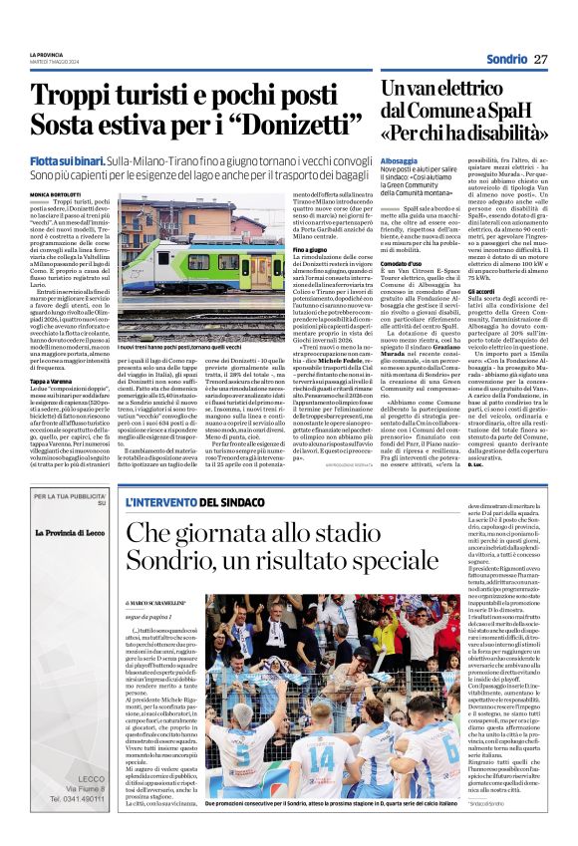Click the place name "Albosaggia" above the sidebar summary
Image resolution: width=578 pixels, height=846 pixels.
399,159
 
